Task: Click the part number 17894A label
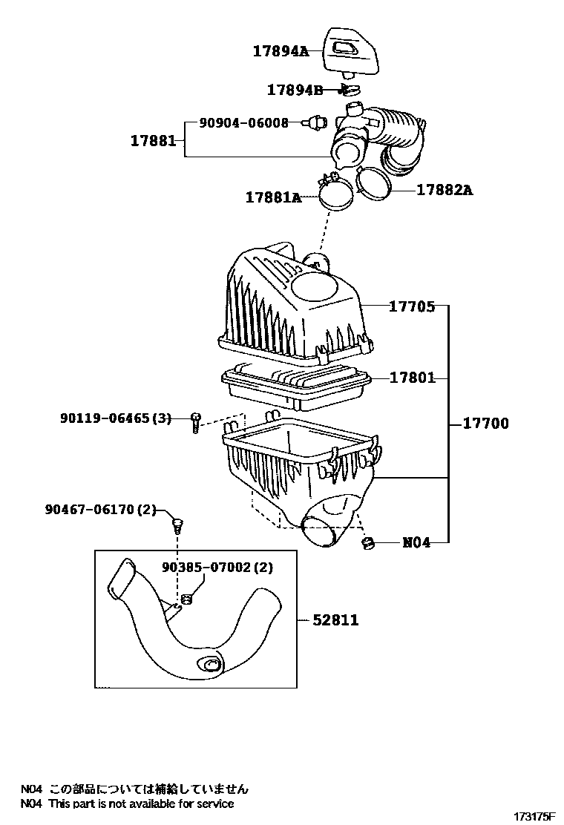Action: [x=281, y=51]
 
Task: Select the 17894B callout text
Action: [x=295, y=90]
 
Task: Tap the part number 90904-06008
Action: [x=243, y=123]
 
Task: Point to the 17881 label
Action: [x=153, y=140]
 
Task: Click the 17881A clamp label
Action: [x=274, y=197]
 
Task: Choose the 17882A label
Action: [x=445, y=190]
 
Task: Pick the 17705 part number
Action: [x=412, y=306]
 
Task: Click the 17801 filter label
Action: [x=412, y=378]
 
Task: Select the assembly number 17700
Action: [x=485, y=424]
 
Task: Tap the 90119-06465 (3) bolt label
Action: [x=115, y=418]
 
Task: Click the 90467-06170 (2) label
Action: [x=100, y=509]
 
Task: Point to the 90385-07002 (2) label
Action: [x=217, y=567]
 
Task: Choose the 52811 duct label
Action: [x=335, y=620]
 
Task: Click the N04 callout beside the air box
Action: [x=416, y=542]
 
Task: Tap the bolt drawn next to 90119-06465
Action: [x=196, y=422]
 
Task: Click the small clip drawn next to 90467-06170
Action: [x=178, y=525]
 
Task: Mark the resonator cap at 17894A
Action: [x=350, y=53]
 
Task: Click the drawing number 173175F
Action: [x=534, y=817]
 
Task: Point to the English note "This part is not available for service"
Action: [x=141, y=803]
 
